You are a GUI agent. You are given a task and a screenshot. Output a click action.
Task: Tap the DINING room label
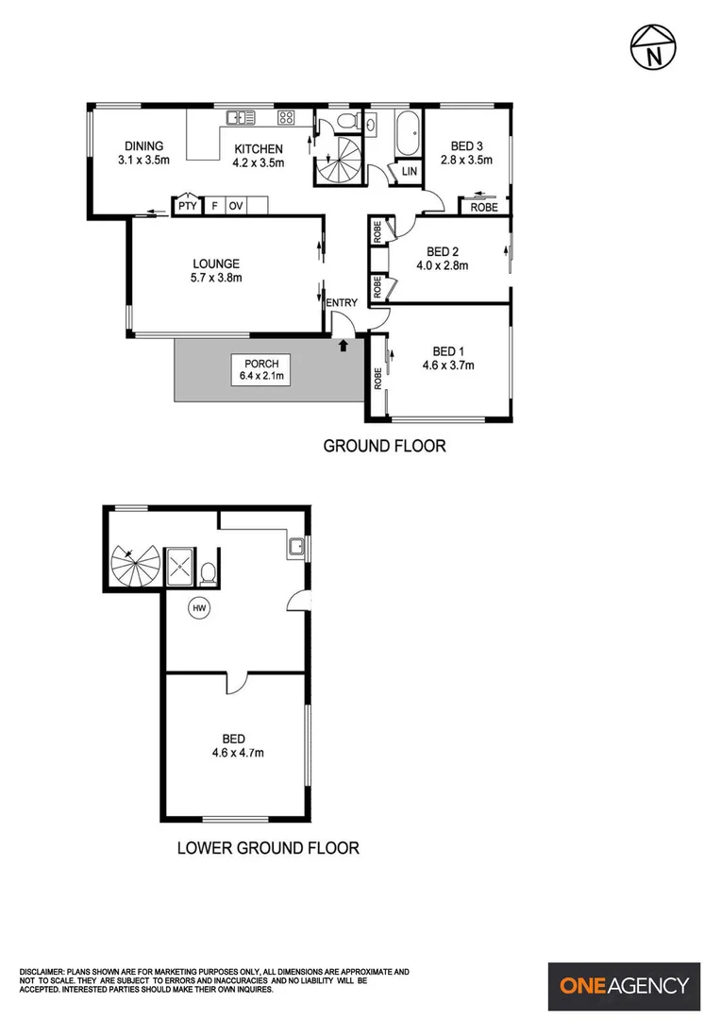(x=143, y=146)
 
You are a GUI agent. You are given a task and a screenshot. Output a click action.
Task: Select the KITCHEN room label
(x=259, y=148)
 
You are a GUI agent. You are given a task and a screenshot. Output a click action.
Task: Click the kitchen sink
(x=241, y=118)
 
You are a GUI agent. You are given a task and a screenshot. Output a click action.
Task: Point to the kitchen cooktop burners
(x=286, y=118)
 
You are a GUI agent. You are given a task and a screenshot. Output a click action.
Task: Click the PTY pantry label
(x=186, y=205)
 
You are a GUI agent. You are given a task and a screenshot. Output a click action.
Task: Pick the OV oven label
(x=235, y=205)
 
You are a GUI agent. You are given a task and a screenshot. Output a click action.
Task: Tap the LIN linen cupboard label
(x=409, y=172)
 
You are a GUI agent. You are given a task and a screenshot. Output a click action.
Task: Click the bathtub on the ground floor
(x=408, y=134)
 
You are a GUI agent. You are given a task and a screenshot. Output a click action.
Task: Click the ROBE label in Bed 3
(x=484, y=207)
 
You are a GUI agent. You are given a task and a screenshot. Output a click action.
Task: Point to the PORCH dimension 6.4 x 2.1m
(x=262, y=377)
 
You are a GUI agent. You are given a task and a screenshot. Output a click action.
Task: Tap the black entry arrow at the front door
(x=344, y=346)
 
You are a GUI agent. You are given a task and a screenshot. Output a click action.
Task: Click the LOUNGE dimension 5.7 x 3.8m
(x=216, y=278)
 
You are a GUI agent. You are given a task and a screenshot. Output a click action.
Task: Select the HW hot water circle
(x=199, y=609)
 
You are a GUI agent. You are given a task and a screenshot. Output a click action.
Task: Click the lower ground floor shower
(x=177, y=567)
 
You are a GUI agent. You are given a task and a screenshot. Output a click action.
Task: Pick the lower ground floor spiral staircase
(x=135, y=566)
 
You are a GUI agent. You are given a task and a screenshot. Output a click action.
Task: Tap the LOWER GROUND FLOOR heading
(x=268, y=848)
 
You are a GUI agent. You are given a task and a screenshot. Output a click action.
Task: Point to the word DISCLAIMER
(x=42, y=972)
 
